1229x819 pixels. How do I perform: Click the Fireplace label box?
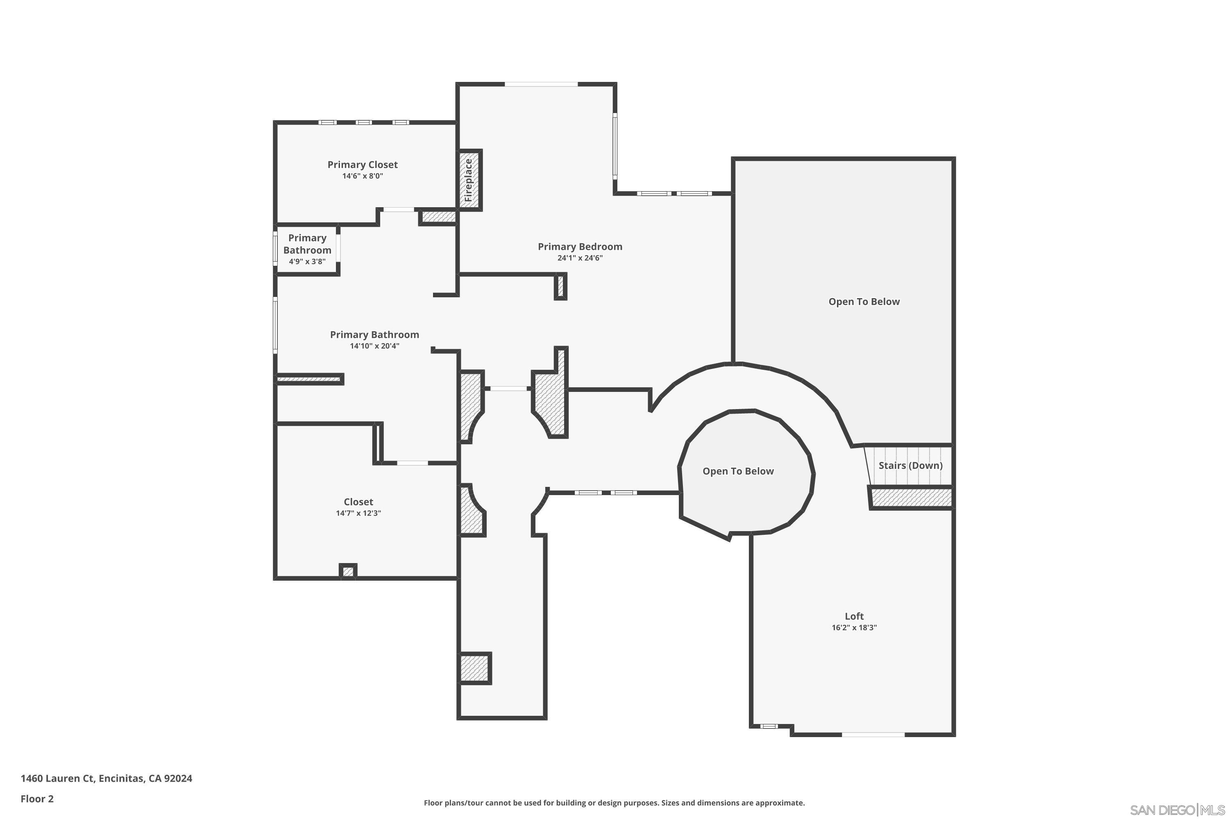coord(469,180)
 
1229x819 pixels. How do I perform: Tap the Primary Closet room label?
coord(363,165)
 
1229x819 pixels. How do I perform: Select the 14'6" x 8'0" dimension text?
coord(363,176)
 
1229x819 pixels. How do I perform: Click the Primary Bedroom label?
coord(580,247)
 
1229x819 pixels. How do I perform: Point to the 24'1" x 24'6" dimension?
coord(580,258)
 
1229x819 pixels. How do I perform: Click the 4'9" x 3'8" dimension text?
coord(307,262)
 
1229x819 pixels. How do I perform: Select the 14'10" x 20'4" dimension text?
coord(375,346)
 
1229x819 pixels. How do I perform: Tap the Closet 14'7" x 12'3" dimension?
coord(358,513)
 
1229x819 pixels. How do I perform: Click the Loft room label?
coord(854,616)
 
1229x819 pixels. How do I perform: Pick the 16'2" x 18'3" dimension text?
coord(854,627)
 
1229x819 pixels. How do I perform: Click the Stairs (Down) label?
coord(911,465)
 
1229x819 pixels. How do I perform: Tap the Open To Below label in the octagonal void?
coord(738,471)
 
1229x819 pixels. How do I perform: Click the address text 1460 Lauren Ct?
coord(57,778)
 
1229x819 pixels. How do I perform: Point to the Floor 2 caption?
coord(37,799)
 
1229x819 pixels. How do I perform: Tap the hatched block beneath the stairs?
coord(910,497)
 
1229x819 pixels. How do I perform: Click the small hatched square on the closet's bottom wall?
coord(348,571)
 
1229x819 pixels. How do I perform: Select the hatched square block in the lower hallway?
coord(475,668)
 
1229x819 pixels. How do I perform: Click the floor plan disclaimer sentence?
coord(614,803)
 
